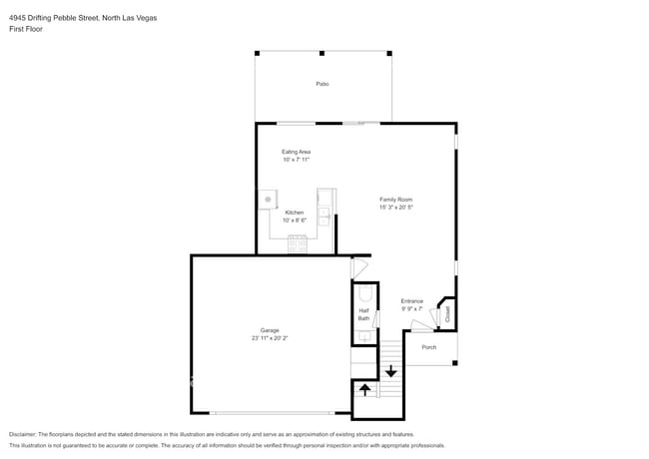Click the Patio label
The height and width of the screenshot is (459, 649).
click(323, 84)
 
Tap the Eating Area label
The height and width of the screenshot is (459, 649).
click(296, 152)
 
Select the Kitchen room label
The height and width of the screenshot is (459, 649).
click(295, 213)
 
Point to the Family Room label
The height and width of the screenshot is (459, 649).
click(396, 200)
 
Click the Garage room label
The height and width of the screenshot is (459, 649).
click(270, 330)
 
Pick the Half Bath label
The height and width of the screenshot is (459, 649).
click(363, 314)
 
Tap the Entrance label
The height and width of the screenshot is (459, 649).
click(411, 301)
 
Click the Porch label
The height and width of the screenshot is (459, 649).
click(428, 347)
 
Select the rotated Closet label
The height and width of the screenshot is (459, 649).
click(447, 314)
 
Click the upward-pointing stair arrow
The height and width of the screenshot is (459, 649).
click(364, 389)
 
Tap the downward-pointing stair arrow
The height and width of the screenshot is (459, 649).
click(390, 371)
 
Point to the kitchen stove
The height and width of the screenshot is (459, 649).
click(298, 243)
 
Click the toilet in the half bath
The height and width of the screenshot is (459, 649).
click(365, 294)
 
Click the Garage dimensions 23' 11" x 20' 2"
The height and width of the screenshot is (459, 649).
click(270, 338)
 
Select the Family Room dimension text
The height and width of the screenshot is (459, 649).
click(396, 208)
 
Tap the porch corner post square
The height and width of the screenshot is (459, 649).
click(455, 363)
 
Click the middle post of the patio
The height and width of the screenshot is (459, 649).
click(323, 53)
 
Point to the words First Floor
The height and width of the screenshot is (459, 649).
click(26, 29)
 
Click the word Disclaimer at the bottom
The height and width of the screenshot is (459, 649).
click(22, 435)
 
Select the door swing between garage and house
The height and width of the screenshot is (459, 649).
click(359, 268)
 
